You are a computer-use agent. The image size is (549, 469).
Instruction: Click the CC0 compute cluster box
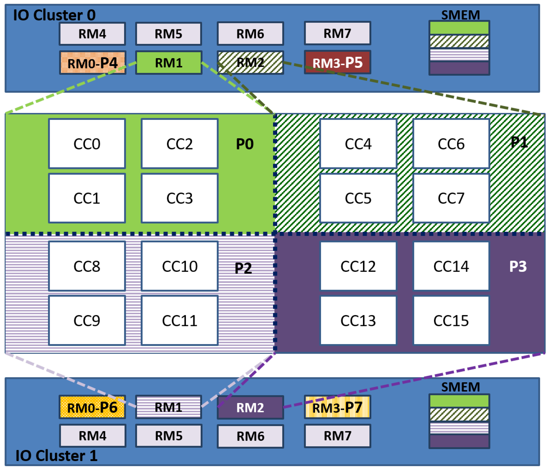coord(87,144)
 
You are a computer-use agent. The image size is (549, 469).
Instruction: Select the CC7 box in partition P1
coord(451,198)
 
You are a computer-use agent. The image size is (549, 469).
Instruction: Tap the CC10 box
coord(180,266)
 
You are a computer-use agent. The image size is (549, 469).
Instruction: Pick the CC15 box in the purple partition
coord(451,321)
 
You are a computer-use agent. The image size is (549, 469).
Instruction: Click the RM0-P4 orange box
coord(92,63)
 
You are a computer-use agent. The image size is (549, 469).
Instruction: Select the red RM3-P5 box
coord(337,62)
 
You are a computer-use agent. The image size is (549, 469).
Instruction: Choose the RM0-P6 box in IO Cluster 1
coord(92,407)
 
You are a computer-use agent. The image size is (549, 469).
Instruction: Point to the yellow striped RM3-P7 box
coord(337,407)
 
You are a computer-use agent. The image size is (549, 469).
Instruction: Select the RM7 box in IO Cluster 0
coord(337,33)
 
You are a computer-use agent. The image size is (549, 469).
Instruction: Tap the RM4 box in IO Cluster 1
coord(92,436)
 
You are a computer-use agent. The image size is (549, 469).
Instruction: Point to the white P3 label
coord(518,266)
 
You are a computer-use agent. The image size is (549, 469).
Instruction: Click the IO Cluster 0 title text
coord(54,15)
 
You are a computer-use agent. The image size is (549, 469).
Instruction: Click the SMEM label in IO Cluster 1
coord(461,387)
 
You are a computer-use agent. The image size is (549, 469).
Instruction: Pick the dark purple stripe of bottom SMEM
coord(459,441)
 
